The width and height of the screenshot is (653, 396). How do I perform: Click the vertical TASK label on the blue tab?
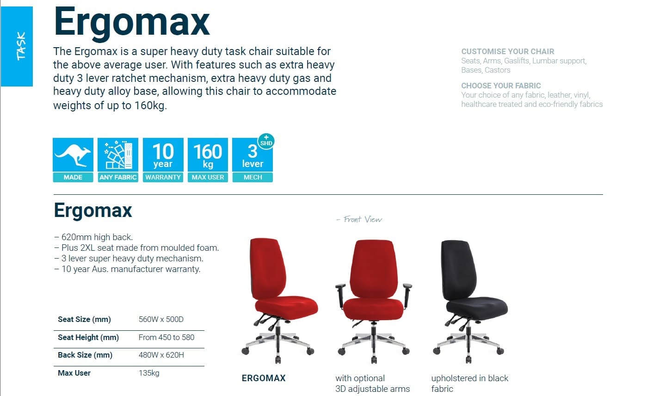(21, 46)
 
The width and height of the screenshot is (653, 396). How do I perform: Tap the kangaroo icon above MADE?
(73, 155)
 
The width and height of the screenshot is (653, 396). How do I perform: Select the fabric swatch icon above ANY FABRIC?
(118, 155)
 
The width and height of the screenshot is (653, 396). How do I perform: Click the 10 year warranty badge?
(163, 160)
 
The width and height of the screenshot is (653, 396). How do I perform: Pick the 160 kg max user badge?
(208, 160)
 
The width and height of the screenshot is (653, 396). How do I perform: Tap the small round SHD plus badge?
(266, 142)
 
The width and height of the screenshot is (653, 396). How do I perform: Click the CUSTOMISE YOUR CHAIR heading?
(507, 52)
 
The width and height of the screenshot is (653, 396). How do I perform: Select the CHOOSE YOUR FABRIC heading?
(501, 86)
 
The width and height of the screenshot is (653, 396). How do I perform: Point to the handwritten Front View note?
(359, 219)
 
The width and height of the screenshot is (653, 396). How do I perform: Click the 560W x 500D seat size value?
(161, 319)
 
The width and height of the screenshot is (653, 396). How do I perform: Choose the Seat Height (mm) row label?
(88, 337)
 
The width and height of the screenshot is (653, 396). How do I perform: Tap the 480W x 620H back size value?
(161, 355)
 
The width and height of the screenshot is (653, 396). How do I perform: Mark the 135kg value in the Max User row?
(149, 373)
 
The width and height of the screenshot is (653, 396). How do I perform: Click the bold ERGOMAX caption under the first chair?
(264, 378)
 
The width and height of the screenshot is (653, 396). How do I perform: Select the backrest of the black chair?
(458, 270)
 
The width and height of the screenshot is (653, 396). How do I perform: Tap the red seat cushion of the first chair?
(286, 308)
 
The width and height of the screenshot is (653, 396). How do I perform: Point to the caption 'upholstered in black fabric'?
(470, 384)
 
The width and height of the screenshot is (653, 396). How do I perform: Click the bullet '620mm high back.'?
(93, 237)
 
